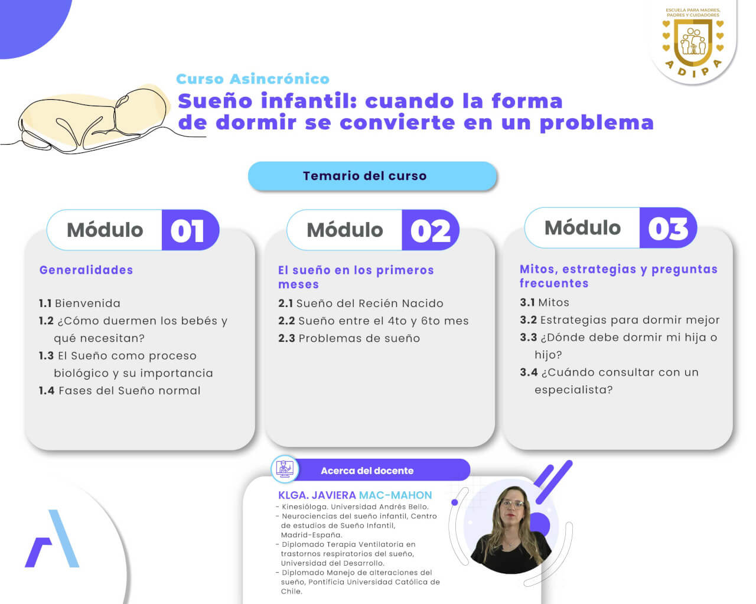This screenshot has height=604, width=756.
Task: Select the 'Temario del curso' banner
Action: tap(372, 176)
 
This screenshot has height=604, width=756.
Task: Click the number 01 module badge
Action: tap(190, 230)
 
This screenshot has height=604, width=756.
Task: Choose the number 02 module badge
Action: tap(430, 230)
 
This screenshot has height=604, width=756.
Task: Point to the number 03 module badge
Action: tap(668, 228)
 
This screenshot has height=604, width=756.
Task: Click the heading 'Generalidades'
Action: tap(86, 270)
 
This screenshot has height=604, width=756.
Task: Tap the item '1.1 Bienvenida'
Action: tap(80, 303)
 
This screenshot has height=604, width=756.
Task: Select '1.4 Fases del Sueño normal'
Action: tap(119, 390)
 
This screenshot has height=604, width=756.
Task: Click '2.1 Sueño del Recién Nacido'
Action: tap(361, 303)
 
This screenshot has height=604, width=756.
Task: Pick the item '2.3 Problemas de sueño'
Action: tap(349, 338)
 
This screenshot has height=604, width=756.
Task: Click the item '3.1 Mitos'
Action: tap(545, 302)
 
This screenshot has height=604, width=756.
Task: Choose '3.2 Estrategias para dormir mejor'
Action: tap(620, 320)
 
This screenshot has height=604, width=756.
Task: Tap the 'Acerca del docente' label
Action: tap(367, 471)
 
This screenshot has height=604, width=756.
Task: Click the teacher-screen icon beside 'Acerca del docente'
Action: tap(285, 469)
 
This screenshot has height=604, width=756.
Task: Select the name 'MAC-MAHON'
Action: tap(396, 495)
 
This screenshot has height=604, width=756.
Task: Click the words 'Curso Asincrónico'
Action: tap(253, 79)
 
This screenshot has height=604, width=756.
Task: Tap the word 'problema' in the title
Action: tap(597, 123)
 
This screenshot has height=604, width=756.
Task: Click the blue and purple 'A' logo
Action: tap(52, 538)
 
